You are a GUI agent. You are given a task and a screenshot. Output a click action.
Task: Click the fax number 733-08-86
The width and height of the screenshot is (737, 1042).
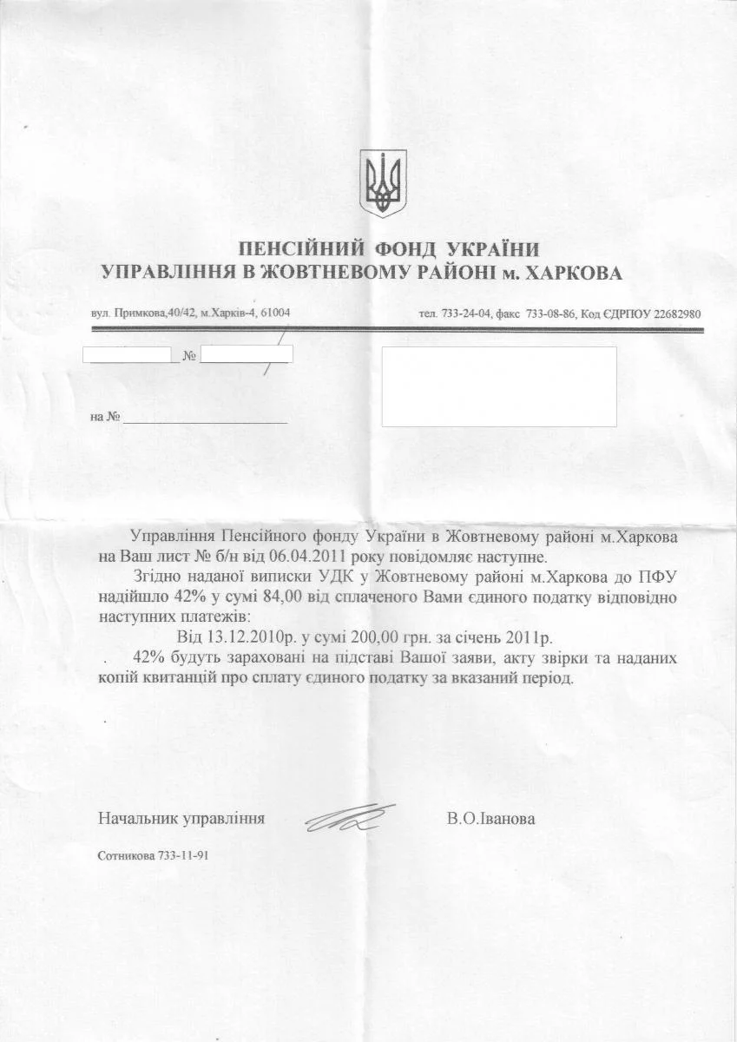pos(548,313)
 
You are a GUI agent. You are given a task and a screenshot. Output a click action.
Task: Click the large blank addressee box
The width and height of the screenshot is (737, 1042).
pos(499,386)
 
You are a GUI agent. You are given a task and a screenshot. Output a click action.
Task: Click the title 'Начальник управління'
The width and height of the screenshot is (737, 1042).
pos(181,818)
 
